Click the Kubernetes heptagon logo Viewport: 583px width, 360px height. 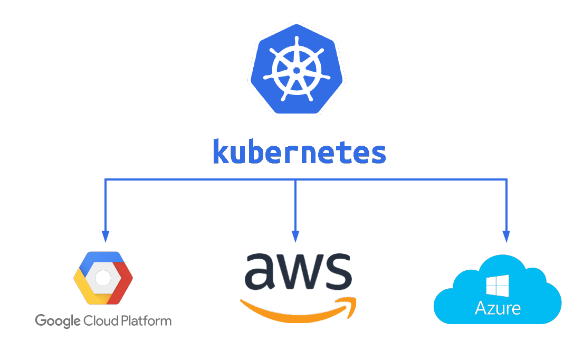click(297, 69)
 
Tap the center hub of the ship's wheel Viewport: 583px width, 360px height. click(297, 70)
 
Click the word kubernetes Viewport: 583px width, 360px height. click(299, 151)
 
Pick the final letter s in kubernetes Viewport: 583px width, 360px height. click(378, 154)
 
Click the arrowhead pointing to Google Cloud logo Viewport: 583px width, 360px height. click(106, 237)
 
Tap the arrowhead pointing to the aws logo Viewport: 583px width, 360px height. click(295, 237)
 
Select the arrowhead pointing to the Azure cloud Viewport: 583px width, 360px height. click(506, 237)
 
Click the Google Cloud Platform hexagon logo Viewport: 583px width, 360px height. click(103, 278)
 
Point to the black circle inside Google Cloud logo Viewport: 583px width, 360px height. click(103, 278)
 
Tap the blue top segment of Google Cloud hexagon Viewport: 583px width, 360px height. click(103, 257)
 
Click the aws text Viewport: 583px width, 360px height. click(299, 272)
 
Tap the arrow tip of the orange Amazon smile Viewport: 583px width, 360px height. click(352, 305)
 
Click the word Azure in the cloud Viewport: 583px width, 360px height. click(498, 308)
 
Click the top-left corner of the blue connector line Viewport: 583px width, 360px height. click(106, 180)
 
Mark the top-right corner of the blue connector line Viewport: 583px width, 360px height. click(506, 180)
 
